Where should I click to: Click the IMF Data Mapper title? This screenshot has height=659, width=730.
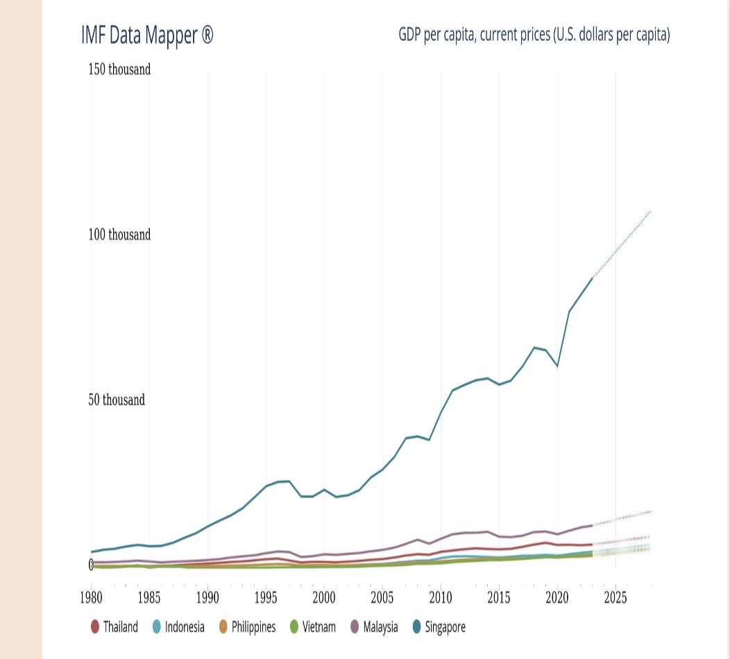[x=146, y=35]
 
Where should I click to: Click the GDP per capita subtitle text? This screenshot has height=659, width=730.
[x=534, y=34]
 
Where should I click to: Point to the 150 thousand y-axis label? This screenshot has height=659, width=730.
[x=119, y=69]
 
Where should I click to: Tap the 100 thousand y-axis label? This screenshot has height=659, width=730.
[x=119, y=234]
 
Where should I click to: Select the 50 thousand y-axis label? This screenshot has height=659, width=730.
[x=117, y=400]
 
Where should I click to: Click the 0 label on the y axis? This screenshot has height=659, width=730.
[x=91, y=565]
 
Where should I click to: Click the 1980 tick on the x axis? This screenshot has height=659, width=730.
[x=90, y=597]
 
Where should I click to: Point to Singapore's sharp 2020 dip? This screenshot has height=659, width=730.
[x=557, y=366]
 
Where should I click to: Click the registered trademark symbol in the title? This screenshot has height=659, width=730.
[x=207, y=35]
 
